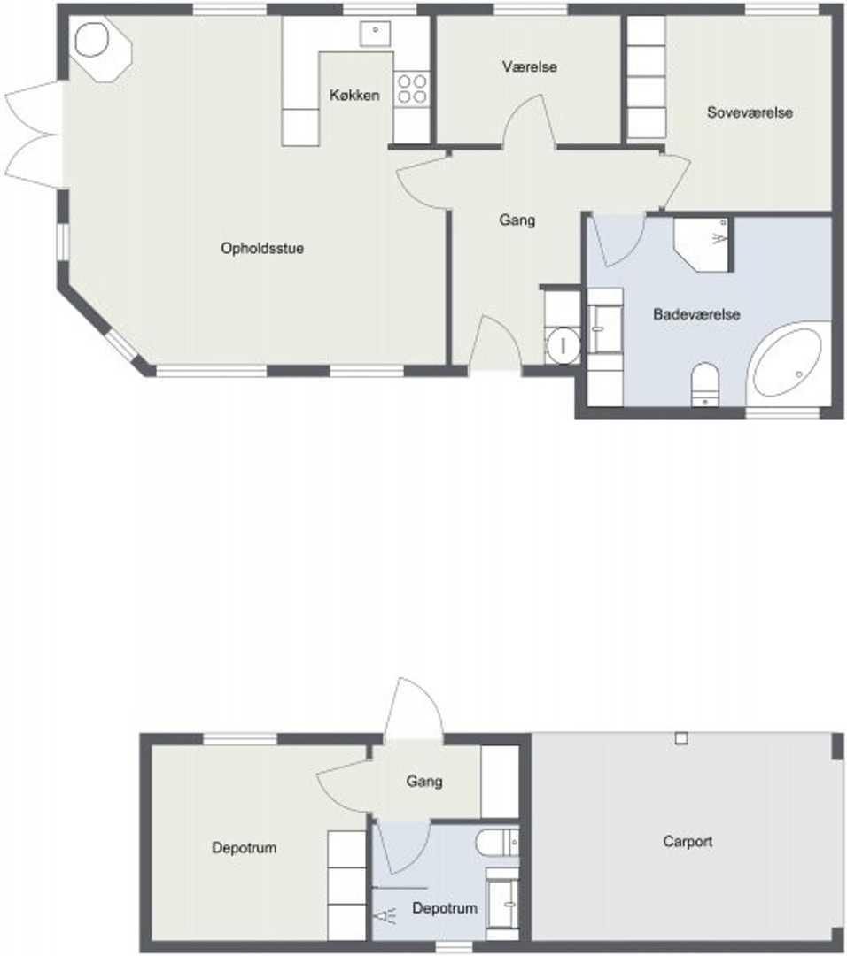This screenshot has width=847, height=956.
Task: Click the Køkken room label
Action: click(354, 95)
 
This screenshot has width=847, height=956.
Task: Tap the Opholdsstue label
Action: click(262, 248)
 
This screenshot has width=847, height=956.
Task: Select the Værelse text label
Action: click(530, 66)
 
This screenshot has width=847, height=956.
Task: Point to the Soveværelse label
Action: click(750, 112)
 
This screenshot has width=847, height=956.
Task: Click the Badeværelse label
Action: click(696, 314)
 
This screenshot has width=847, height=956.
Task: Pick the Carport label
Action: click(688, 842)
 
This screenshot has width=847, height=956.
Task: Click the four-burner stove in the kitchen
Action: click(412, 89)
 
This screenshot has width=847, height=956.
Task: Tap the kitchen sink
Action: click(376, 34)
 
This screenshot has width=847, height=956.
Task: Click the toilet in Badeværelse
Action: click(705, 384)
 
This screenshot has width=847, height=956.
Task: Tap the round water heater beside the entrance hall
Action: click(563, 346)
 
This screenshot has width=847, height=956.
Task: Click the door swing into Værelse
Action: click(529, 122)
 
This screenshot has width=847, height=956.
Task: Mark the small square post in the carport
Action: click(681, 738)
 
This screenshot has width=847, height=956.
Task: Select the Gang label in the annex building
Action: click(424, 782)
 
